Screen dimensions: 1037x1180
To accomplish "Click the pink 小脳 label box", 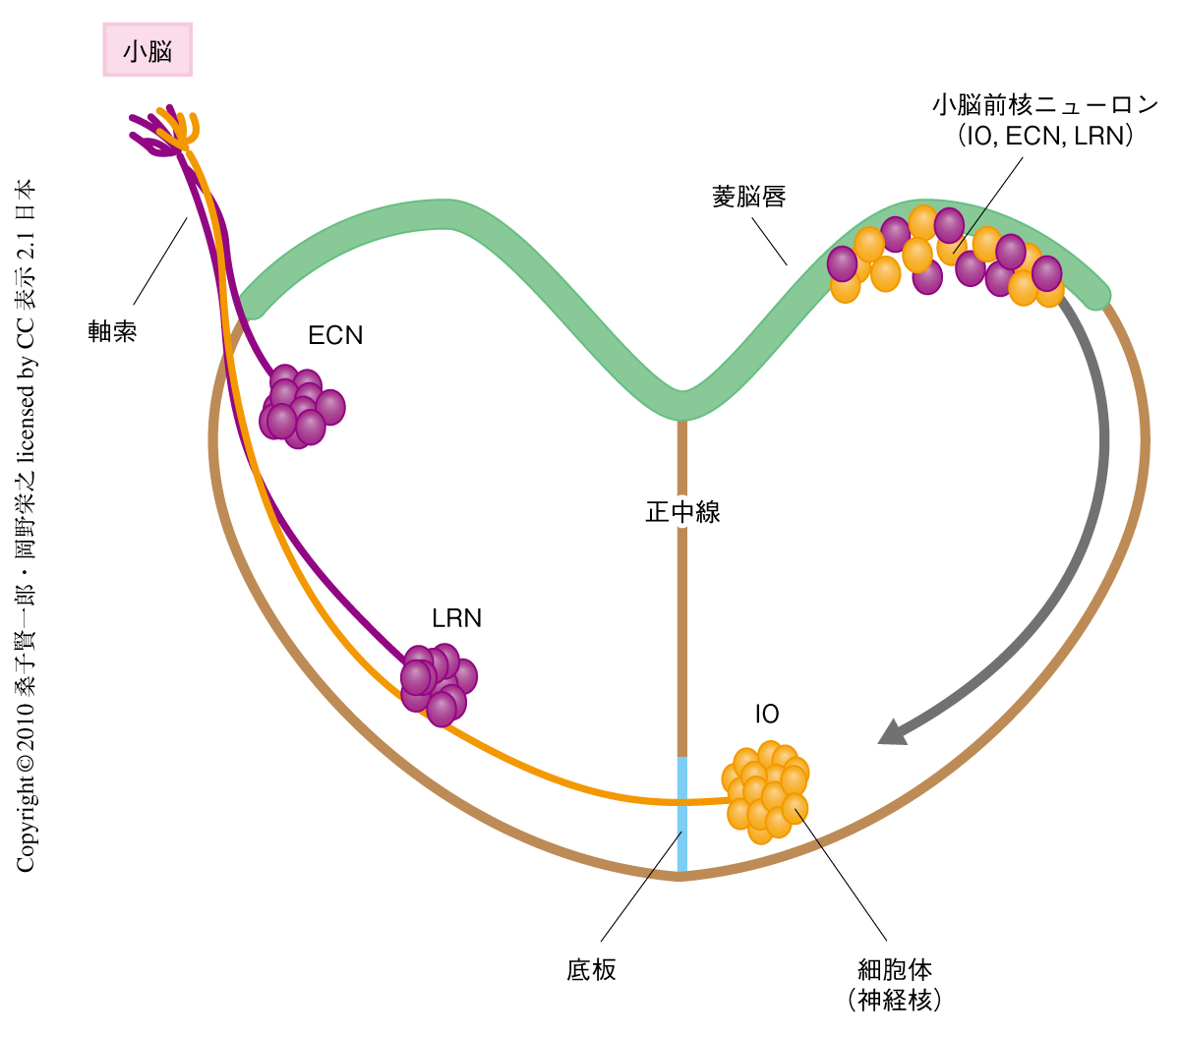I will tap(147, 50).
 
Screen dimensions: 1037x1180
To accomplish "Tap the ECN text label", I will tap(335, 335).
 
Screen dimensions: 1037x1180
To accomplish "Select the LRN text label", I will tap(456, 618).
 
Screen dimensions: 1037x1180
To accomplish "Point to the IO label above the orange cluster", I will tap(767, 715).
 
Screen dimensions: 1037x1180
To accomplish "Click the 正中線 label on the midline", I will tap(682, 512).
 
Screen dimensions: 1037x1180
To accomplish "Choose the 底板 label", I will tap(591, 970).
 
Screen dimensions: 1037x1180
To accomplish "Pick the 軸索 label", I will tap(112, 331).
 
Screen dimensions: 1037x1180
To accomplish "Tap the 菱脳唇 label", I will tap(748, 197).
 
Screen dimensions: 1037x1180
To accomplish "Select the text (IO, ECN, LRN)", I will tap(1045, 136).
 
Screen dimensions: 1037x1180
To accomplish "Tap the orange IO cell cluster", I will tap(766, 791).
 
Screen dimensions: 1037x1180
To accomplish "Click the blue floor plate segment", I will tap(681, 814).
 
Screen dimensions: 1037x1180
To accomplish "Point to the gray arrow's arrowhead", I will tap(892, 732).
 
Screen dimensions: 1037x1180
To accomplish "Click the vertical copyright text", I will tap(27, 526).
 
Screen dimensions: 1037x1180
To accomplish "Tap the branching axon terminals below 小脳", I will tap(165, 130).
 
